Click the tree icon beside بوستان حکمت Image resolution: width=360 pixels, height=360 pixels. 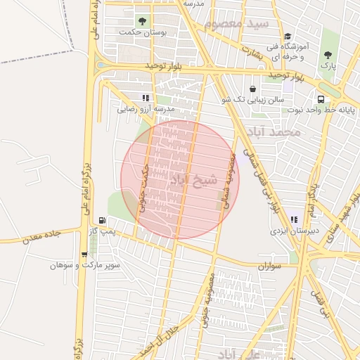click(x=143, y=21)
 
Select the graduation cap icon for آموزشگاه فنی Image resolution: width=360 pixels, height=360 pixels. click(x=287, y=37)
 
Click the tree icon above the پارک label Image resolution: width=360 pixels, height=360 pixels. click(x=327, y=54)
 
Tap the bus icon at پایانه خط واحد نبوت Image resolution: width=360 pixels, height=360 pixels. click(x=321, y=99)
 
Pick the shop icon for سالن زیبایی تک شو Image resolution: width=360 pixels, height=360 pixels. click(x=252, y=89)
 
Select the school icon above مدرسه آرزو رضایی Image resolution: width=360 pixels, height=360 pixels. click(x=145, y=98)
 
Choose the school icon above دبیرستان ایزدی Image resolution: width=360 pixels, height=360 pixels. click(x=292, y=219)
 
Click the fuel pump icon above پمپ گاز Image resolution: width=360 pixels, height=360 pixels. click(x=103, y=220)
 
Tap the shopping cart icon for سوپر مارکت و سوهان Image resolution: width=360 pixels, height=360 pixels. click(x=84, y=255)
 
